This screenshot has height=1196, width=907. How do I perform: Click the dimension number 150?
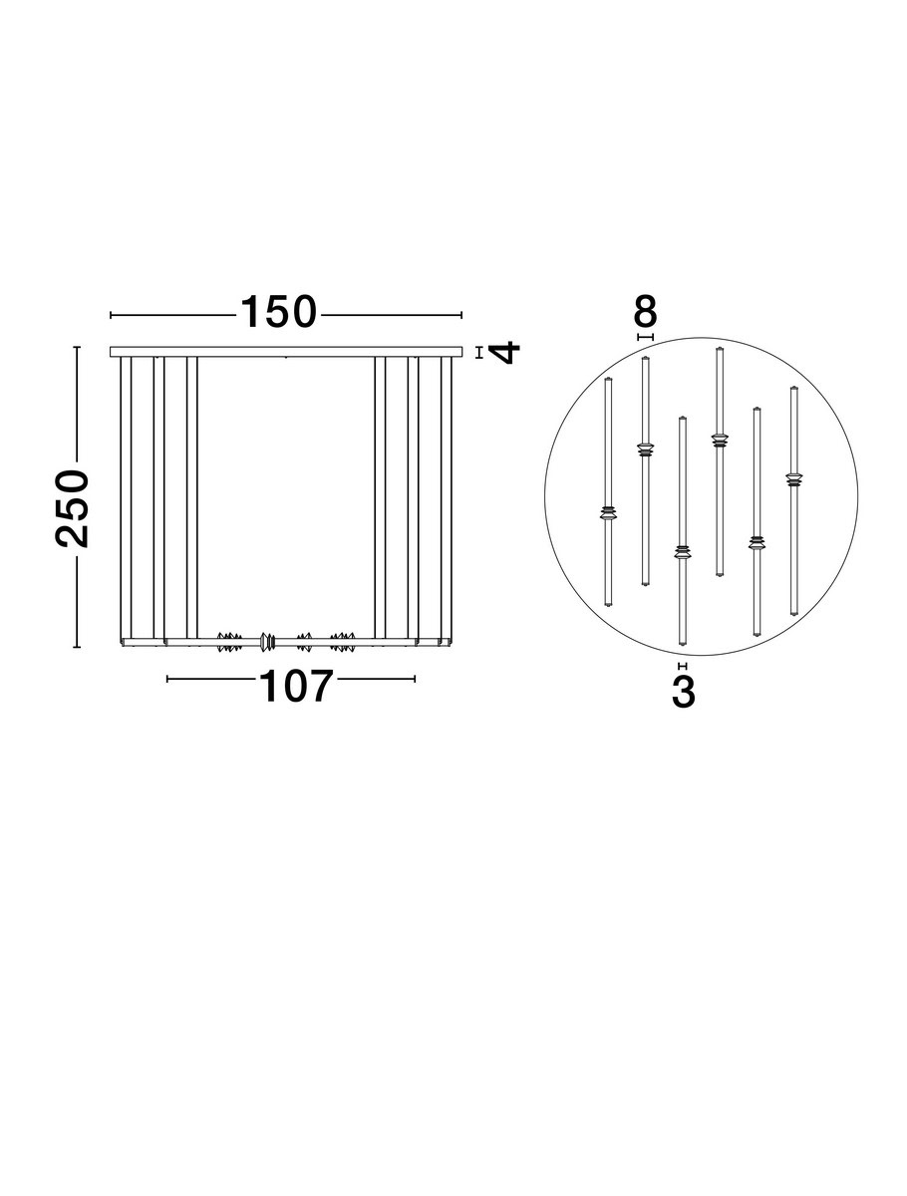tap(278, 312)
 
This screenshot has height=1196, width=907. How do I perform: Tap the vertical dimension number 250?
tap(72, 508)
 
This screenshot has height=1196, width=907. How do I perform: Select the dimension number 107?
tap(295, 686)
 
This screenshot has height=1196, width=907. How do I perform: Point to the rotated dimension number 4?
tap(505, 352)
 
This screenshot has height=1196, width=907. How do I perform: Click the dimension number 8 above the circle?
tap(645, 312)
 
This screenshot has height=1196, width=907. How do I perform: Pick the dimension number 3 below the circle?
tap(683, 692)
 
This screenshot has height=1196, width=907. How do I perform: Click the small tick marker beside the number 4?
tap(478, 353)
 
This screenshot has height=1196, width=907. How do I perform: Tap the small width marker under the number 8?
tap(645, 337)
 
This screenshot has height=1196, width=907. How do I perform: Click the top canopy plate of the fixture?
tap(285, 352)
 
